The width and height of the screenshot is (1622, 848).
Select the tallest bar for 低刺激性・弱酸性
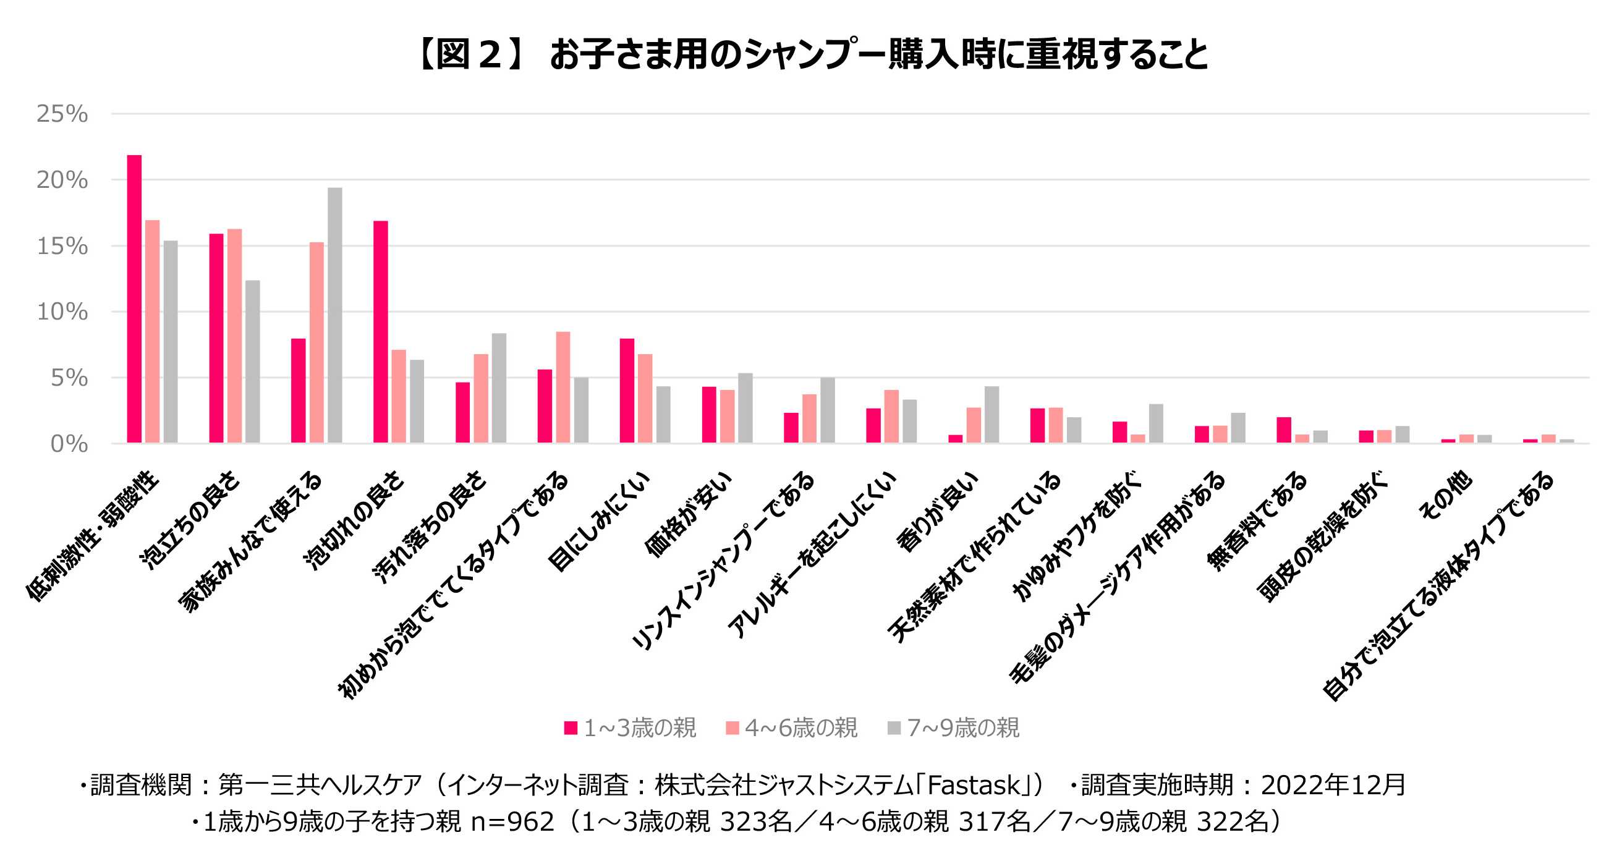pyautogui.click(x=134, y=299)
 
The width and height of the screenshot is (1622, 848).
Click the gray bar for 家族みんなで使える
pyautogui.click(x=334, y=315)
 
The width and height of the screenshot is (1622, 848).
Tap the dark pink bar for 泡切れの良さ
pyautogui.click(x=380, y=332)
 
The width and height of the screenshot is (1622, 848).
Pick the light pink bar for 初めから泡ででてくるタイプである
pyautogui.click(x=563, y=387)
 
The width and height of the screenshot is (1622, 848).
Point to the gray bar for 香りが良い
pyautogui.click(x=991, y=414)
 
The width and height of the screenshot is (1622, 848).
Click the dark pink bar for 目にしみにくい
pyautogui.click(x=627, y=391)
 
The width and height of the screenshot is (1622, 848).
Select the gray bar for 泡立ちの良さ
pyautogui.click(x=252, y=362)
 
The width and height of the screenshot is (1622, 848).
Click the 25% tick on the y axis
pyautogui.click(x=62, y=114)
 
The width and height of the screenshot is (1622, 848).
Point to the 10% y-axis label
pyautogui.click(x=62, y=312)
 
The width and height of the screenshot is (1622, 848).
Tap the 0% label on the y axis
pyautogui.click(x=68, y=444)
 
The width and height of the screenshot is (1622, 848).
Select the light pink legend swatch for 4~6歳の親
pyautogui.click(x=732, y=727)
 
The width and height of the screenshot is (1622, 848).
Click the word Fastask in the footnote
pyautogui.click(x=973, y=785)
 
